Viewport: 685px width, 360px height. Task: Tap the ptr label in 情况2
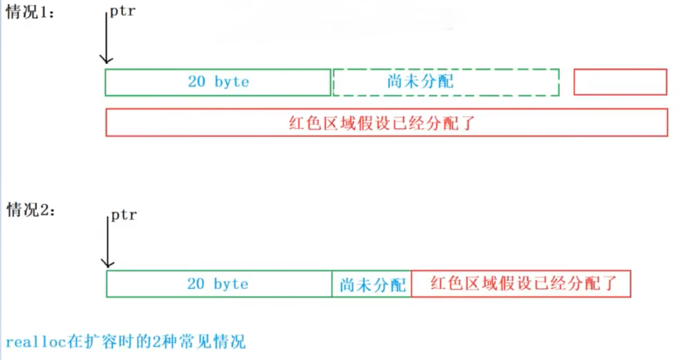pyautogui.click(x=123, y=215)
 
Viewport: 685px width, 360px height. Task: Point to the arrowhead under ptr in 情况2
pyautogui.click(x=107, y=262)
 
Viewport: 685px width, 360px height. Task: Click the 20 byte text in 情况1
pyautogui.click(x=218, y=82)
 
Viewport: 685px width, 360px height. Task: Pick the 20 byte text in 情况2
pyautogui.click(x=217, y=284)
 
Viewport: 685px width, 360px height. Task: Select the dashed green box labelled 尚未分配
pyautogui.click(x=446, y=82)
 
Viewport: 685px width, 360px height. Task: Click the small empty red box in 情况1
pyautogui.click(x=620, y=82)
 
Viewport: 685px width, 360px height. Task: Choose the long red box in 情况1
pyautogui.click(x=387, y=122)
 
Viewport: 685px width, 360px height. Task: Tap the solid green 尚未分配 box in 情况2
pyautogui.click(x=371, y=284)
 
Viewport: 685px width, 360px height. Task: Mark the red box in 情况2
pyautogui.click(x=521, y=284)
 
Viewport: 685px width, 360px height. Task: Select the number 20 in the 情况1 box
pyautogui.click(x=197, y=82)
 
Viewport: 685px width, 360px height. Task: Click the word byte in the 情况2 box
pyautogui.click(x=231, y=284)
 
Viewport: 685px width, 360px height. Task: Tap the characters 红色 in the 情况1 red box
pyautogui.click(x=303, y=123)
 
